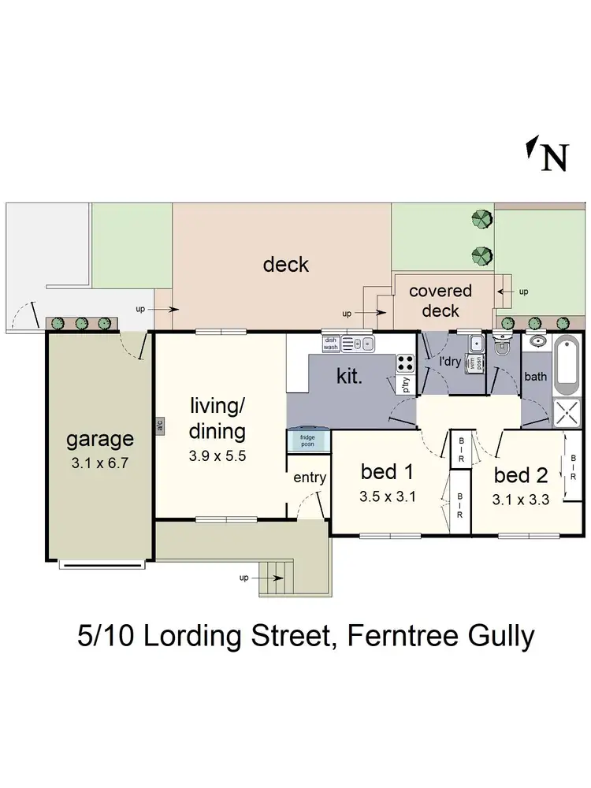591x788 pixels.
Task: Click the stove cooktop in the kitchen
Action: click(x=405, y=363)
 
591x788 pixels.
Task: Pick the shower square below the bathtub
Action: click(x=567, y=411)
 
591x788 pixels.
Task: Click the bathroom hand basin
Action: click(x=537, y=342)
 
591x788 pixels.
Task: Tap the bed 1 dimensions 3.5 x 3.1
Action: click(x=388, y=497)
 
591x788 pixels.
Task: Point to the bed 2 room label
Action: click(x=520, y=475)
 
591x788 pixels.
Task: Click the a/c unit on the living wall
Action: click(x=159, y=426)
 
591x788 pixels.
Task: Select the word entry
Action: click(x=310, y=478)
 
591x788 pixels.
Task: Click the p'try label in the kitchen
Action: click(x=407, y=385)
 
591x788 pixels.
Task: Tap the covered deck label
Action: click(x=440, y=300)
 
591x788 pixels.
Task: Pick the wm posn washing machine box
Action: click(x=474, y=362)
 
